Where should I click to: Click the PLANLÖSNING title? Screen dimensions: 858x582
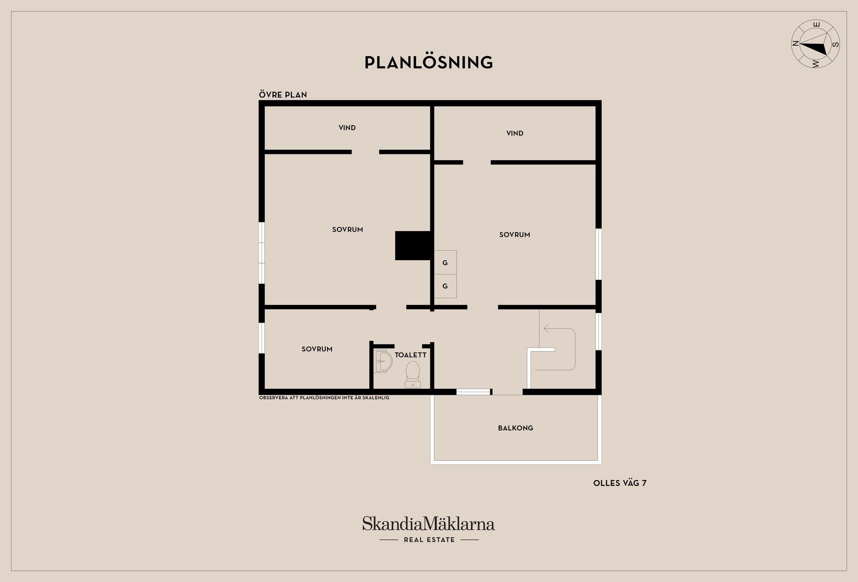(x=429, y=62)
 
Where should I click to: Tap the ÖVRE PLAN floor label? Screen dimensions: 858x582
(x=283, y=95)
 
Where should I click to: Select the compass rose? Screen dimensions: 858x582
(x=816, y=44)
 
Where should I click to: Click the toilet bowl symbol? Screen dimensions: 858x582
(x=412, y=374)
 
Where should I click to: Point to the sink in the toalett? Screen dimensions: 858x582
(x=383, y=361)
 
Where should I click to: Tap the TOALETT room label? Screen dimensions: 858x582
(x=410, y=355)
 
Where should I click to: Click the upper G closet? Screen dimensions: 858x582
(x=445, y=262)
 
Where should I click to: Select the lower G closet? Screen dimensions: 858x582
(x=445, y=286)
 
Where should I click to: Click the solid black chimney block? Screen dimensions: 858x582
(x=412, y=245)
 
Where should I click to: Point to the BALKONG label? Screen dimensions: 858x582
(x=515, y=428)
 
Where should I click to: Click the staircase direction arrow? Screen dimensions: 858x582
(x=559, y=349)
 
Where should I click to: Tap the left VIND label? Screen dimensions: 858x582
(x=347, y=128)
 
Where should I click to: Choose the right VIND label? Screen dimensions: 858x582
(x=515, y=133)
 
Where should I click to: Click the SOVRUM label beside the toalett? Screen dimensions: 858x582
(x=317, y=349)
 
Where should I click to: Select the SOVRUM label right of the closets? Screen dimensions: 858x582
(x=515, y=235)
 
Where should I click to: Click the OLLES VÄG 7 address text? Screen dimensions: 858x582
(x=620, y=483)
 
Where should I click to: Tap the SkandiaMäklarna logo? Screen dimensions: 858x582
(x=429, y=523)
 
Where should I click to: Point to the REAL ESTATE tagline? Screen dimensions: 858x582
(x=429, y=540)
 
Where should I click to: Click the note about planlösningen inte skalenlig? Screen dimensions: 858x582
(x=324, y=398)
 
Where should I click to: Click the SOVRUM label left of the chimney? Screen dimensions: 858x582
(x=348, y=230)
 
